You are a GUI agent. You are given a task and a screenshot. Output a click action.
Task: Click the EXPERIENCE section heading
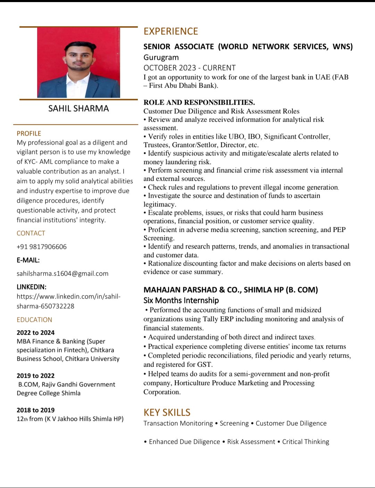170,31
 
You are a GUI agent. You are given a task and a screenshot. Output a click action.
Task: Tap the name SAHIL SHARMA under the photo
78,108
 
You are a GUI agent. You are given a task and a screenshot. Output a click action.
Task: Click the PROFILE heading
29,133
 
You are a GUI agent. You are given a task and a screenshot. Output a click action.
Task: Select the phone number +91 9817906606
42,247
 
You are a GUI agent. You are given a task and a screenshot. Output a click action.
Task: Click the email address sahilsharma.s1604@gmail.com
62,274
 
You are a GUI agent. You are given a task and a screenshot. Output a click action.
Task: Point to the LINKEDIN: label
31,287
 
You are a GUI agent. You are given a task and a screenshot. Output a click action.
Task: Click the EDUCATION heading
34,320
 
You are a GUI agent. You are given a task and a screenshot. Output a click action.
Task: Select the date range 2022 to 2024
35,333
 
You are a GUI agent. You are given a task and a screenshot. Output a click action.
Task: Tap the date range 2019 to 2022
35,376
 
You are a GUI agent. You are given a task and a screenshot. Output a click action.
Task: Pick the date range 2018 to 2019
35,410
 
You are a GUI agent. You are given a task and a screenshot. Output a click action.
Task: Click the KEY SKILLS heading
167,412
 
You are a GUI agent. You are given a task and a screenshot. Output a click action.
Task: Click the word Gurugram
161,57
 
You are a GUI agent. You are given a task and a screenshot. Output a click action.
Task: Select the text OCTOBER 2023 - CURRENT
190,68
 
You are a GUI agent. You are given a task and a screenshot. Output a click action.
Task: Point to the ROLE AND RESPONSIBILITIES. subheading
199,103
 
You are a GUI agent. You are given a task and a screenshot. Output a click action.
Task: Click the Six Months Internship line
181,300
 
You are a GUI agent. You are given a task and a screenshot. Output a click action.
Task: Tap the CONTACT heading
31,233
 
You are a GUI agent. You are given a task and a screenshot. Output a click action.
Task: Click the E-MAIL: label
28,260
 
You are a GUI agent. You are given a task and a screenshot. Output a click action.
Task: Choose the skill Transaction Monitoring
178,423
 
